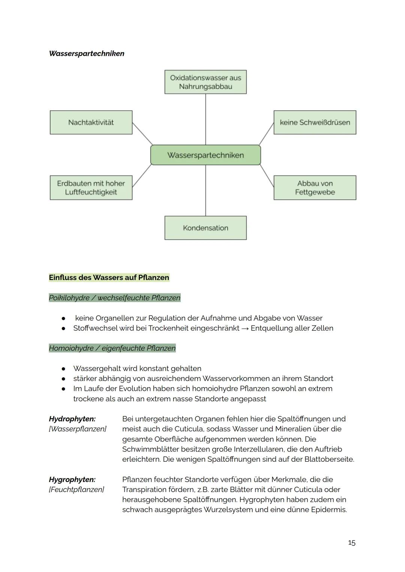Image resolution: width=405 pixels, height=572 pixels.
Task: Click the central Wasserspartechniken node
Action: tap(205, 155)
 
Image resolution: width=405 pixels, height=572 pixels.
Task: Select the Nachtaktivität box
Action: tap(91, 122)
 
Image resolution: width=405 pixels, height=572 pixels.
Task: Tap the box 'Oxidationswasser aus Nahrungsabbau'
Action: tap(205, 82)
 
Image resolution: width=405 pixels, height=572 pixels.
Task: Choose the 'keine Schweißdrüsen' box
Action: tap(315, 122)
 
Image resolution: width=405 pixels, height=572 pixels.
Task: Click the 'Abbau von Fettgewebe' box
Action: tap(315, 188)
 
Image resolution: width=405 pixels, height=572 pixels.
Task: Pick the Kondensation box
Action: tap(205, 228)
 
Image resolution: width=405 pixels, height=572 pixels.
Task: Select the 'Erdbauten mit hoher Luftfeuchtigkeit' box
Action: tap(91, 188)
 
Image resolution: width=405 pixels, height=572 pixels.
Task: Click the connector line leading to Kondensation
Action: tap(205, 191)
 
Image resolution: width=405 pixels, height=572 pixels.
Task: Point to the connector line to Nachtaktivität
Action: tap(142, 134)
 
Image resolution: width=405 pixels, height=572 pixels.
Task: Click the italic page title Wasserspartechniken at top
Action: tap(87, 53)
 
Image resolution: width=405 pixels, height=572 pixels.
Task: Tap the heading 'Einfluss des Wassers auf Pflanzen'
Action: tap(109, 278)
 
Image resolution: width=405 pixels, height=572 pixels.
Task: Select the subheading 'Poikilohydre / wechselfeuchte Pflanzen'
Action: tap(114, 298)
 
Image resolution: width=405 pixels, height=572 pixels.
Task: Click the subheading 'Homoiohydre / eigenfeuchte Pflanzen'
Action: tap(112, 348)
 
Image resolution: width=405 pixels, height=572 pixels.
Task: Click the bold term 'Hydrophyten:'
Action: tap(72, 419)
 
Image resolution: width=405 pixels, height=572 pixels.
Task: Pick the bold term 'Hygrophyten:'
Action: tap(72, 479)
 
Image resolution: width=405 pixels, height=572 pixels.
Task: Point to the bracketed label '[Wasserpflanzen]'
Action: tap(78, 429)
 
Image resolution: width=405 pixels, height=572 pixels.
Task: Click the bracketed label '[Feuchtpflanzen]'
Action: tap(76, 489)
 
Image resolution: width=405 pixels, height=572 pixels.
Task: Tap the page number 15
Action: tap(351, 542)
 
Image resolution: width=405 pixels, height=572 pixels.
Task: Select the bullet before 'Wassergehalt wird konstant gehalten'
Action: tap(64, 369)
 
